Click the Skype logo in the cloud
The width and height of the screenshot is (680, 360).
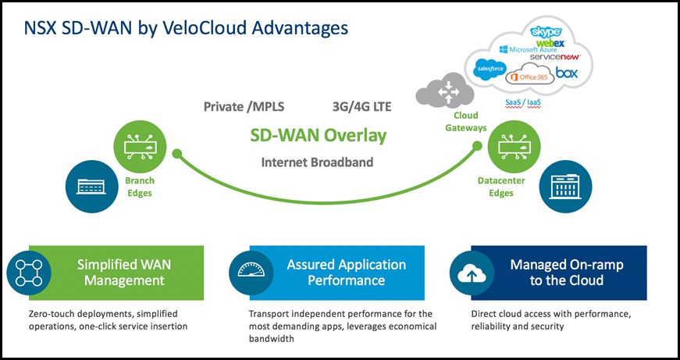(x=546, y=32)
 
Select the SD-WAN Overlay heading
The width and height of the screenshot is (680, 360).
(x=318, y=135)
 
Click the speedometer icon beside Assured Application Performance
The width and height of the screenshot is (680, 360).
(x=251, y=273)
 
